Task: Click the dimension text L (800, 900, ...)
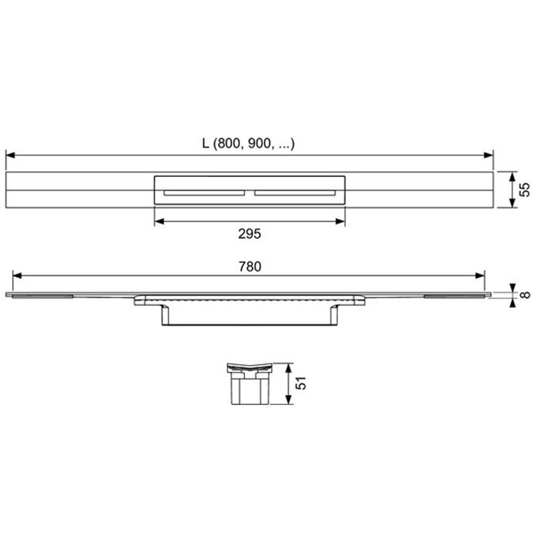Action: (248, 143)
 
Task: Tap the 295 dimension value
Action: (249, 233)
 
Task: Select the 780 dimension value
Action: (249, 266)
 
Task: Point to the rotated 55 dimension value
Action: (525, 189)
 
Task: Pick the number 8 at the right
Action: (524, 294)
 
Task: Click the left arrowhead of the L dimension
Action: (10, 155)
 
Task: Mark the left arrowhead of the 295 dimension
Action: (158, 221)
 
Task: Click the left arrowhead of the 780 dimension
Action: (15, 276)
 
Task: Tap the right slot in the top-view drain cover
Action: (294, 192)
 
